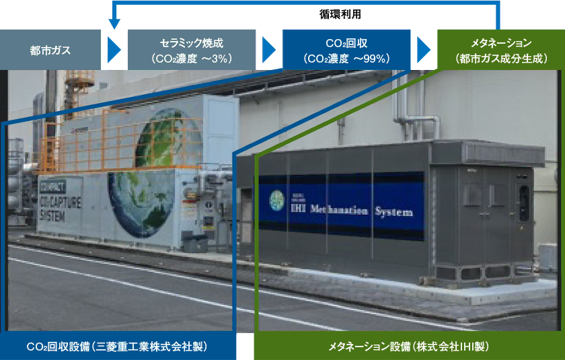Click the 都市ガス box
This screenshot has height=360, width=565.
click(x=50, y=50)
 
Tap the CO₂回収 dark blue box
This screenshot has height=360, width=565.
click(x=346, y=50)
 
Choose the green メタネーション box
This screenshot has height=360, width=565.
click(x=501, y=50)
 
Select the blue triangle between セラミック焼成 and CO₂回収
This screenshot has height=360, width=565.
click(x=268, y=50)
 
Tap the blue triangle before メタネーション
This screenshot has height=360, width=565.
click(x=423, y=50)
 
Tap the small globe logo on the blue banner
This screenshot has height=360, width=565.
click(x=277, y=200)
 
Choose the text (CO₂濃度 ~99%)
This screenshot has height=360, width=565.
click(x=346, y=59)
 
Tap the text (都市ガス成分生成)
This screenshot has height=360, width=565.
click(x=501, y=59)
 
